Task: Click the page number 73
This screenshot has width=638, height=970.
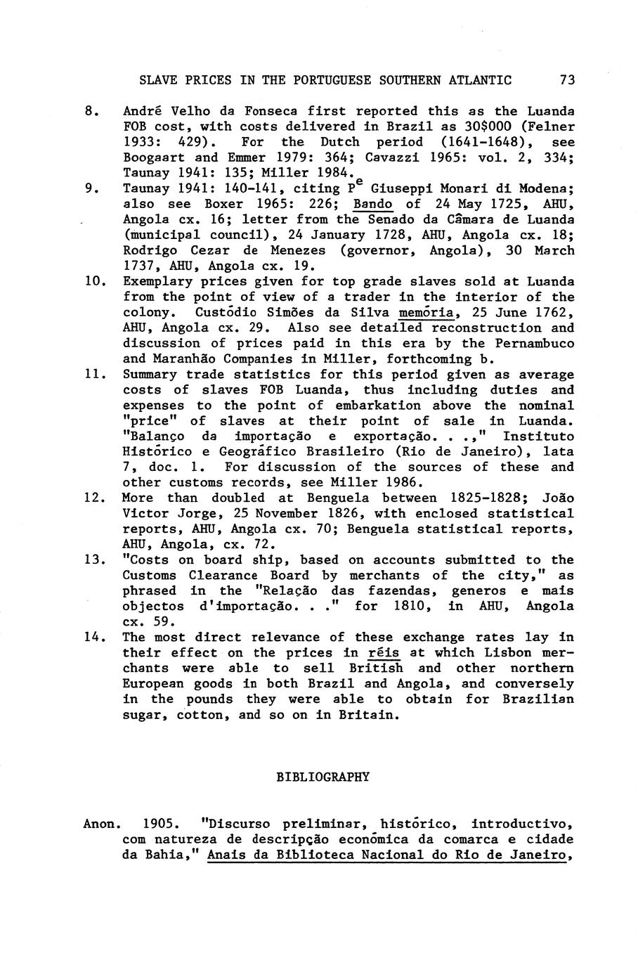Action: [x=567, y=80]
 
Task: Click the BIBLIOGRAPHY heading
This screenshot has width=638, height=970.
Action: [x=323, y=777]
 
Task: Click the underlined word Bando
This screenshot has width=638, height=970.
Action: [x=373, y=205]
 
